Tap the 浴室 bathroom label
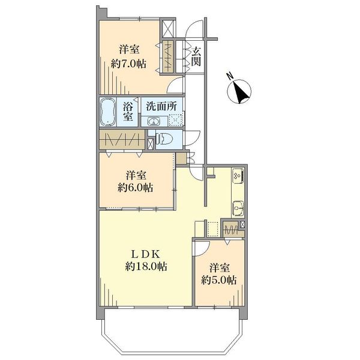[128, 112]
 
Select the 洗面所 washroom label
[162, 106]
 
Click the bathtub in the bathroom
[108, 112]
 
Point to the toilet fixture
[166, 139]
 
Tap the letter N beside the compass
[229, 76]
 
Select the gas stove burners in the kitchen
[236, 176]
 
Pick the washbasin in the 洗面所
[149, 121]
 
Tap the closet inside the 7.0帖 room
[166, 58]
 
